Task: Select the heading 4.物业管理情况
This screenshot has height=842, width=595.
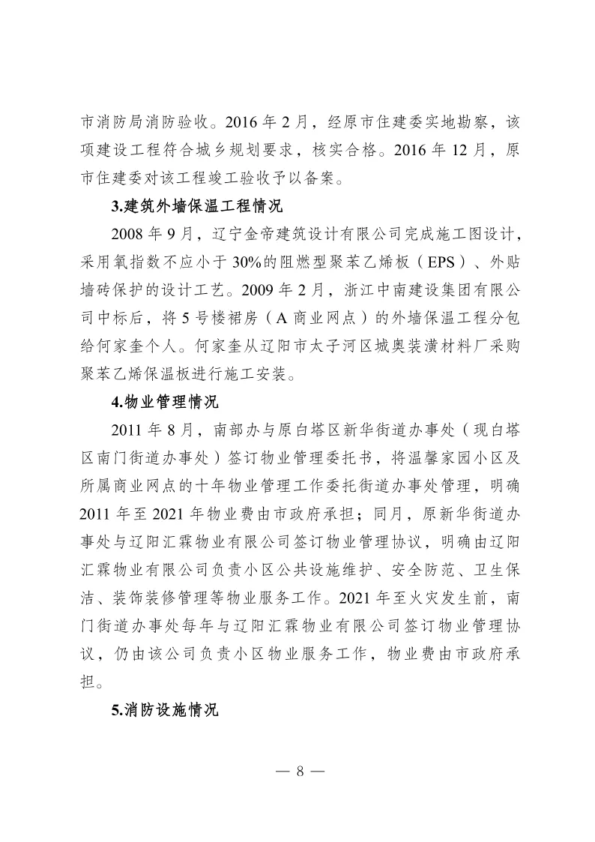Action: [x=165, y=403]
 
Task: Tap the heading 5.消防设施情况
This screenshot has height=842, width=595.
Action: [x=165, y=710]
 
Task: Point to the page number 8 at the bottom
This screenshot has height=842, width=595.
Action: [x=298, y=772]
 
